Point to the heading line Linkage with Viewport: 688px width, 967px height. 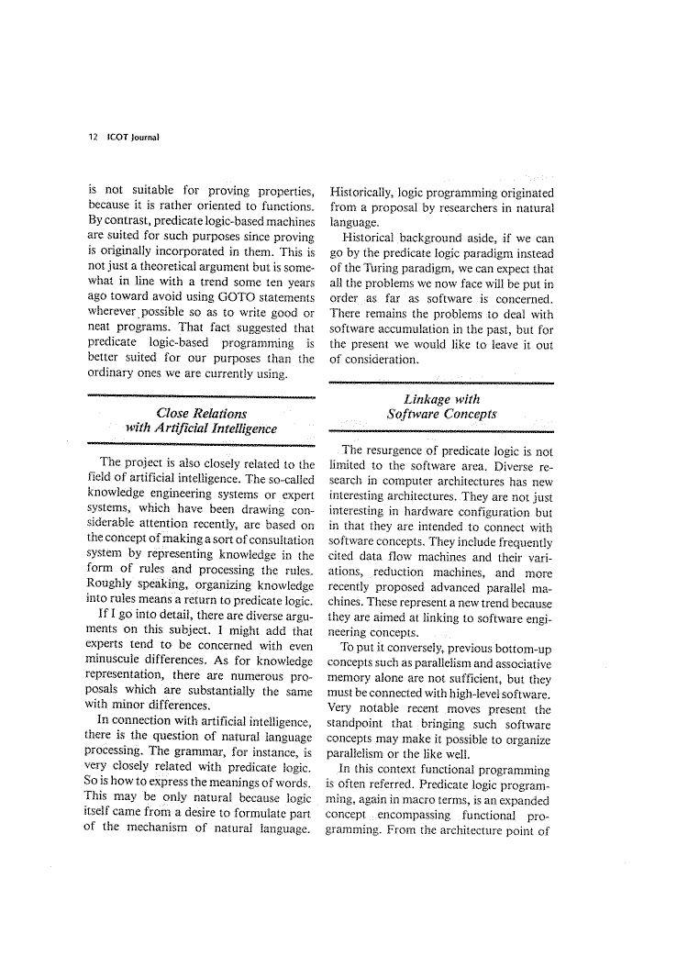click(x=441, y=398)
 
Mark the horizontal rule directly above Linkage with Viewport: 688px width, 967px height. click(x=441, y=383)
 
